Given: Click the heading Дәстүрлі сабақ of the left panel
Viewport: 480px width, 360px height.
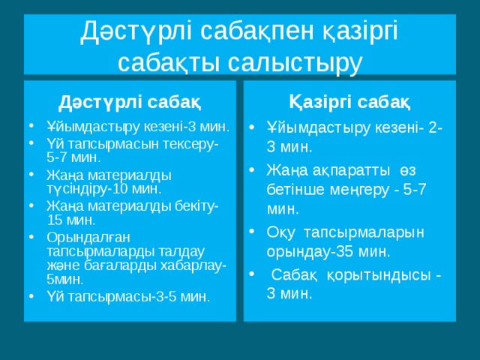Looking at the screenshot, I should point(130,100).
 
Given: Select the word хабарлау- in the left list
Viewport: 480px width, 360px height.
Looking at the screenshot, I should point(196,265).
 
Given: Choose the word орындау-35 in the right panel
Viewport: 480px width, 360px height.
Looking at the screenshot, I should point(317,250).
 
